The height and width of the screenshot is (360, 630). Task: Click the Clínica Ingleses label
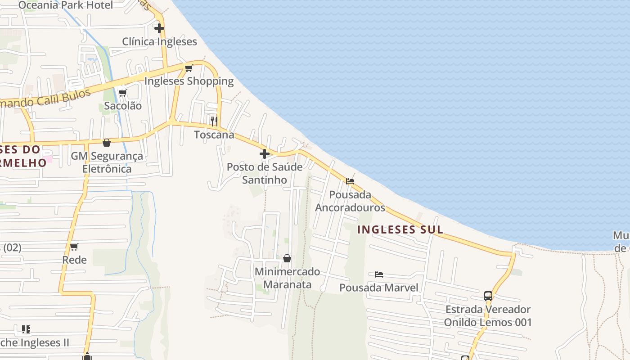(159, 42)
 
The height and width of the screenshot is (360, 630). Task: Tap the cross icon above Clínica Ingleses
(159, 28)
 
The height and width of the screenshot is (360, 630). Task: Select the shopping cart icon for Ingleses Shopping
(189, 68)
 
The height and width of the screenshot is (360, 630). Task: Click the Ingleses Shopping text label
(189, 81)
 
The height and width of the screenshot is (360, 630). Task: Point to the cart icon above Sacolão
(122, 93)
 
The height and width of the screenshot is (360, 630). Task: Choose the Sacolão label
(122, 106)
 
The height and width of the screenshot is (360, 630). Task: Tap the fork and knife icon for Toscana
(214, 121)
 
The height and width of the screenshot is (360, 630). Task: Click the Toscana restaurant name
(214, 135)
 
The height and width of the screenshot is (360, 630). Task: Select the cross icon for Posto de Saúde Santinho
(265, 154)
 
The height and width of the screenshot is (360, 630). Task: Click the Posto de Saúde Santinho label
(265, 173)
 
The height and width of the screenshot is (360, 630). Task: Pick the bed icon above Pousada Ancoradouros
(350, 181)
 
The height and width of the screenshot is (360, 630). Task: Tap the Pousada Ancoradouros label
(350, 201)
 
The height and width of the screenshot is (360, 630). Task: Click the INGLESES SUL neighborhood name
(400, 229)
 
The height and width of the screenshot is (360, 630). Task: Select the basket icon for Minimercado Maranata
(287, 258)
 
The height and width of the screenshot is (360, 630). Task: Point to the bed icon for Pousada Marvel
(379, 274)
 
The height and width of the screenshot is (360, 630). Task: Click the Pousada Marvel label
(379, 288)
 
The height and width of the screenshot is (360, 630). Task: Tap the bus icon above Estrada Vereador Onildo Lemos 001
(488, 296)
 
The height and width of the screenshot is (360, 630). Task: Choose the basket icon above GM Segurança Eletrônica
(107, 143)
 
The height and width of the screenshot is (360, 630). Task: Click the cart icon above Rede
(74, 247)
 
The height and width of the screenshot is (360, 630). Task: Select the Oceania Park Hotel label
(66, 5)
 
